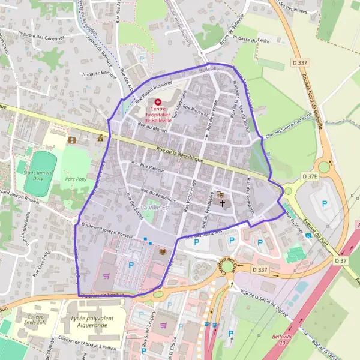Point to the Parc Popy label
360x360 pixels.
[76, 178]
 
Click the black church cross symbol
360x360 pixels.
[223, 203]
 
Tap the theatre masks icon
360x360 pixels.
[220, 194]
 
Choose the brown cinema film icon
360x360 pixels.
[73, 140]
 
